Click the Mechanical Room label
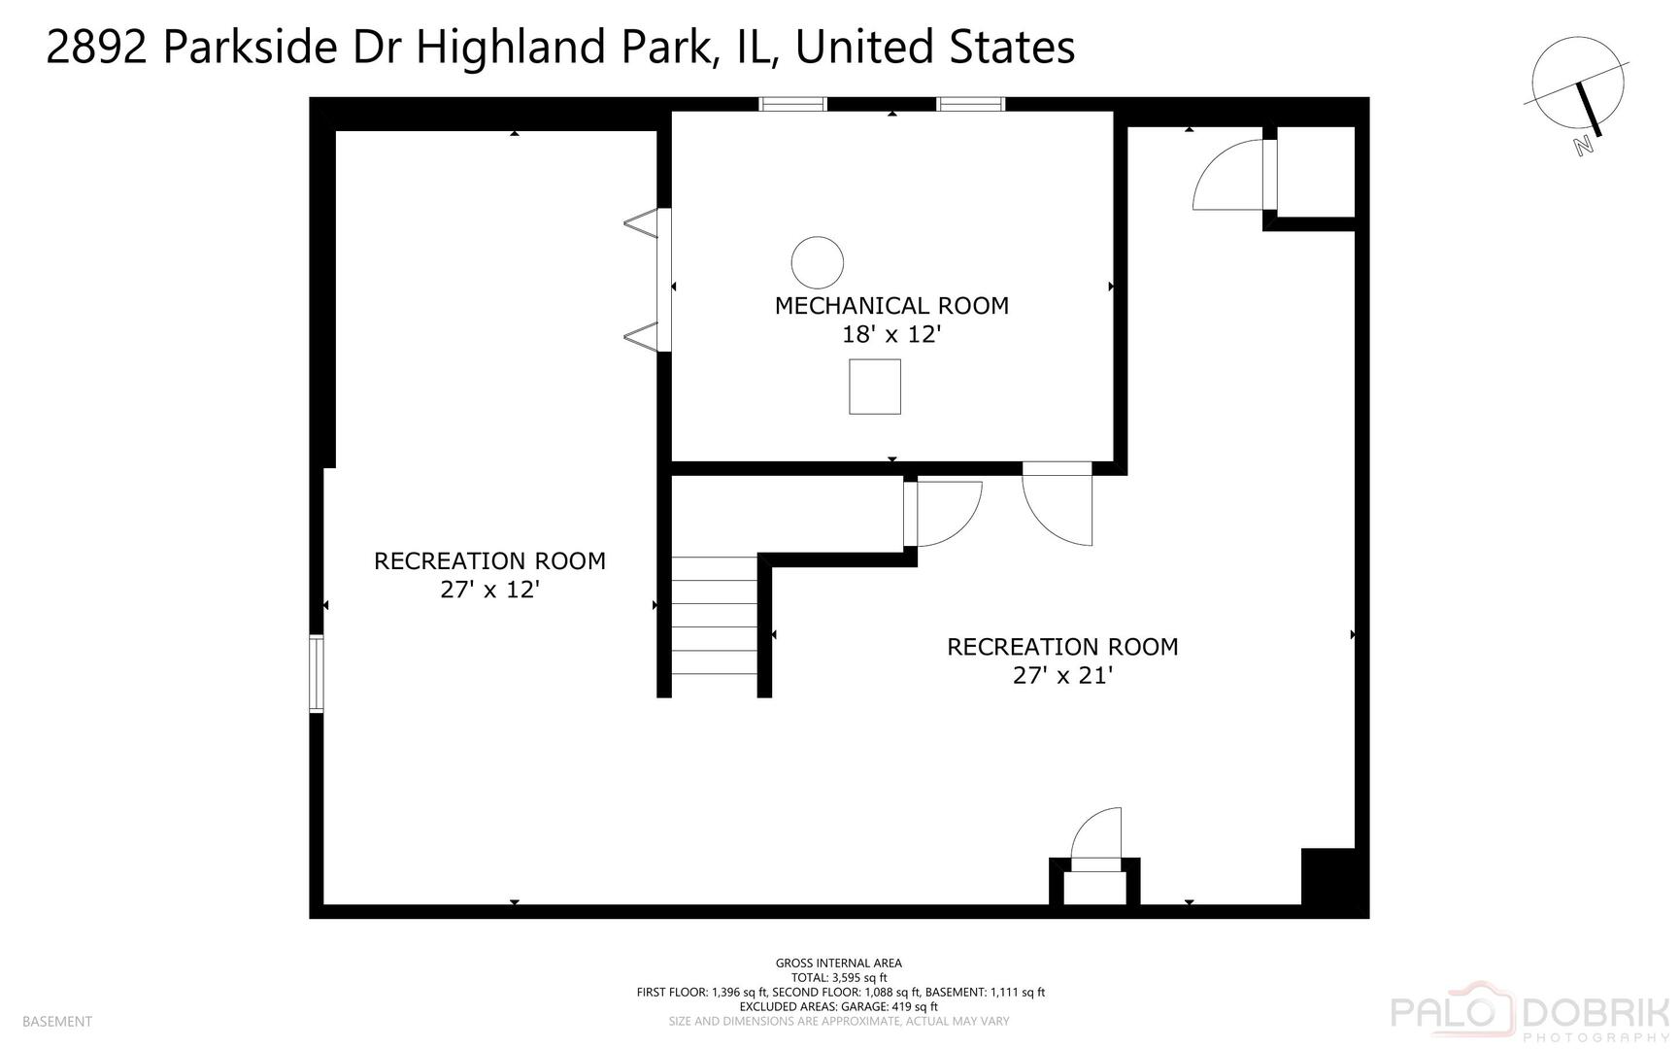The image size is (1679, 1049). (x=890, y=306)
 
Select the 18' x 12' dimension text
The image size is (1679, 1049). (x=890, y=335)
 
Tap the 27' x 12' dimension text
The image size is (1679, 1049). (x=489, y=590)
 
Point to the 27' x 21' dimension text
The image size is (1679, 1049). (x=1061, y=675)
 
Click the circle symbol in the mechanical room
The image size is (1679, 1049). (x=817, y=262)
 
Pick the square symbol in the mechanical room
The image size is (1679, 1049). (x=874, y=387)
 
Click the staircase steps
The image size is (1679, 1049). (x=714, y=616)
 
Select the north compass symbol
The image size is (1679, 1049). (x=1579, y=92)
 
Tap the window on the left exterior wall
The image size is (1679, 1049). (x=317, y=674)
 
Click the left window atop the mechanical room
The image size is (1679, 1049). (x=792, y=104)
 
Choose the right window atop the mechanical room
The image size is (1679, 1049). (x=970, y=104)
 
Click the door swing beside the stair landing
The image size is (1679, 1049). (x=946, y=513)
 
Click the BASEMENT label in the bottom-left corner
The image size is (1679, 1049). (x=56, y=1022)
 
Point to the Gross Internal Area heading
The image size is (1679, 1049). (x=838, y=964)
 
